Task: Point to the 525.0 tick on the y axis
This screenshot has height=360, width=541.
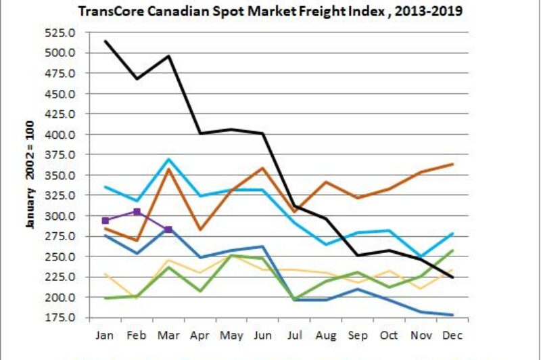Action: pos(60,32)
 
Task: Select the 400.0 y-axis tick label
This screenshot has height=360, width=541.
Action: pos(60,135)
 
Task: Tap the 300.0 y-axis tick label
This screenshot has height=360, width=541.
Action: pos(60,217)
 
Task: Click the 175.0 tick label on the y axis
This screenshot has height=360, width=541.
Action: pos(60,318)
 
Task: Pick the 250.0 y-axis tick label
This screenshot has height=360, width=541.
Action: pos(60,257)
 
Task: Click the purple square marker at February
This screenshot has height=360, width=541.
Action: pos(137,212)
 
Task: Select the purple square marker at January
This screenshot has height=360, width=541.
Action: pos(105,221)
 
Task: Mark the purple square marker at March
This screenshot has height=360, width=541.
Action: pos(168,229)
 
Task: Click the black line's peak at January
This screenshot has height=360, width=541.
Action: pos(105,41)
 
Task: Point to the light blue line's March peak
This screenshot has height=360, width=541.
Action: pos(168,159)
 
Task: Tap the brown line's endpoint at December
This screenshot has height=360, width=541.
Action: pos(452,164)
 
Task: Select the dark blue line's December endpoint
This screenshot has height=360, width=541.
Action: pos(452,315)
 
